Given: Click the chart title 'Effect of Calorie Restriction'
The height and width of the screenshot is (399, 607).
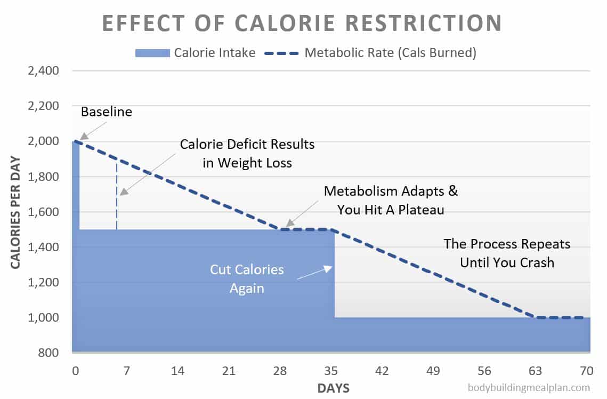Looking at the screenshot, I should pos(302,23).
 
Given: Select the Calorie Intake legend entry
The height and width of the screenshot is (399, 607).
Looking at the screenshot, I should pos(196,52).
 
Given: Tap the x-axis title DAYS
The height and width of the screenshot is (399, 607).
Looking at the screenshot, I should pos(333,388).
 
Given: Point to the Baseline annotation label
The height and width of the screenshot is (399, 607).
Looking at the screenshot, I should pos(106,112).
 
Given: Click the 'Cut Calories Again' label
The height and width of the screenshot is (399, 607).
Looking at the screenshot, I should pos(246,278).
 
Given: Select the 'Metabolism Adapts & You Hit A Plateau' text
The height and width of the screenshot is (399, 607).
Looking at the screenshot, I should pos(391,200).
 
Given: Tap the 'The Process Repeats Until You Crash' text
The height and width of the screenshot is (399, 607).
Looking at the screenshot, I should pos(507,253).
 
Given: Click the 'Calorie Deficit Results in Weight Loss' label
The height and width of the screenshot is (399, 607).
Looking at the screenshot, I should pos(247,153).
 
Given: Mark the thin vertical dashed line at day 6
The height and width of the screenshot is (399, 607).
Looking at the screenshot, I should pos(116,195).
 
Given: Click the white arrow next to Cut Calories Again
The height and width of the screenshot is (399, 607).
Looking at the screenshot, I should pos(315,273).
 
